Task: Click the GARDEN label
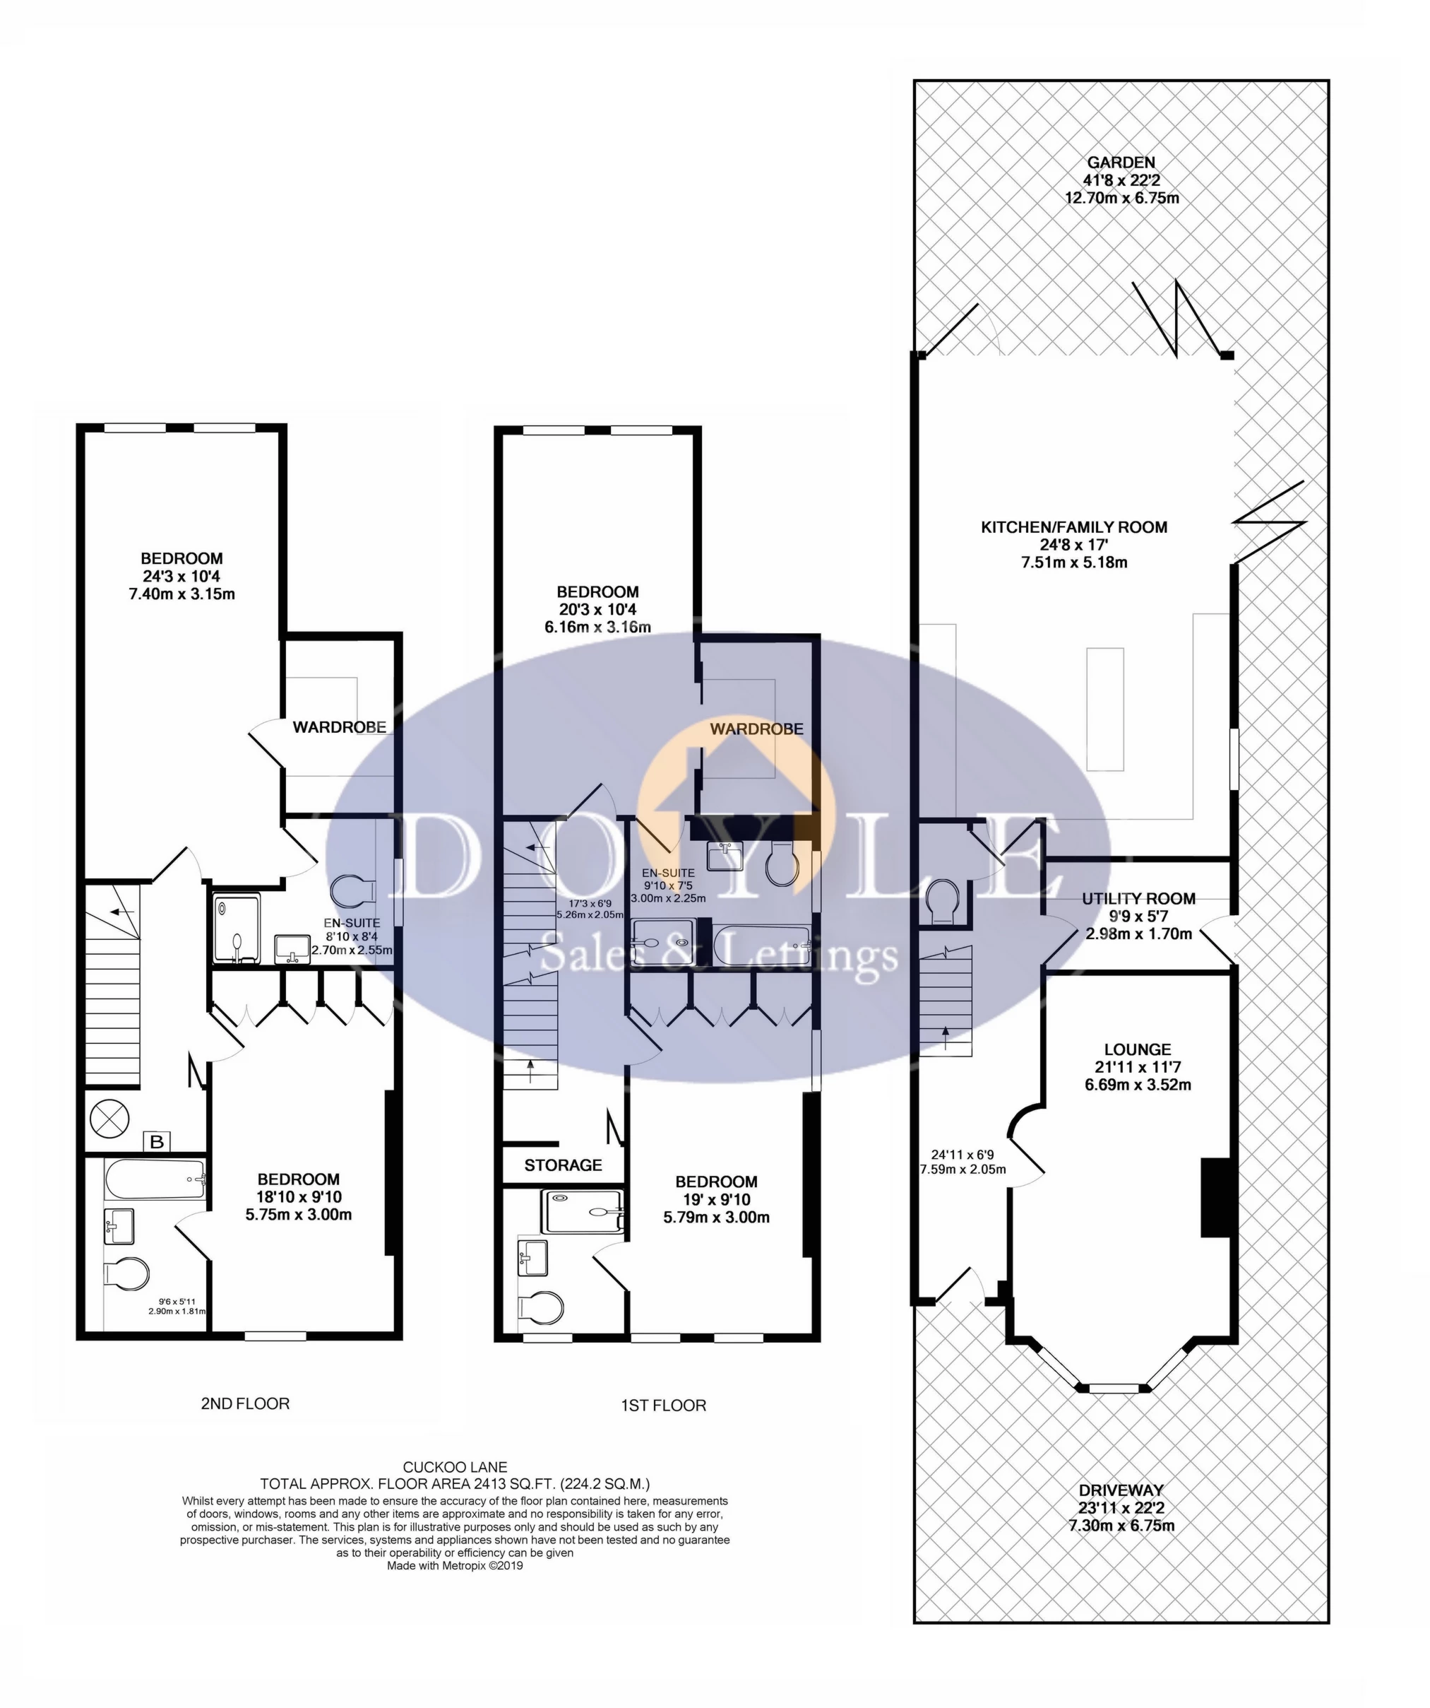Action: pyautogui.click(x=1121, y=163)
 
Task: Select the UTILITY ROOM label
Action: pyautogui.click(x=1138, y=899)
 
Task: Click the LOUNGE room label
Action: pyautogui.click(x=1138, y=1049)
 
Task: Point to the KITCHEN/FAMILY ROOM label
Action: pyautogui.click(x=1074, y=527)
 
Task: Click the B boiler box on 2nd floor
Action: pyautogui.click(x=157, y=1142)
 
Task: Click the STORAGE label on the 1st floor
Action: pyautogui.click(x=563, y=1165)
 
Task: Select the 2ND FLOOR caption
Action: pyautogui.click(x=245, y=1403)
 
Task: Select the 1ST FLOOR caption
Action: pyautogui.click(x=663, y=1406)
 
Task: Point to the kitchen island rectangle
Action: pyautogui.click(x=1105, y=709)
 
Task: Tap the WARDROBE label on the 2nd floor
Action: pyautogui.click(x=339, y=727)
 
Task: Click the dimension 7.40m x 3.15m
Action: pyautogui.click(x=182, y=594)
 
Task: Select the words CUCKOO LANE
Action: pyautogui.click(x=455, y=1467)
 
